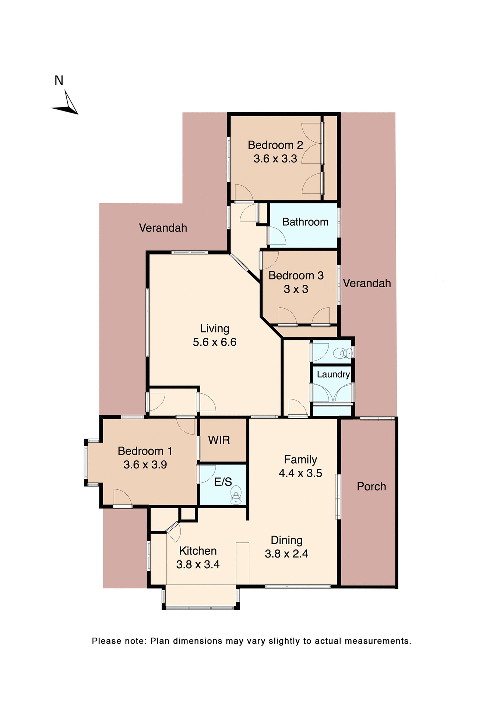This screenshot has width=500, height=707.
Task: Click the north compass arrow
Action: (x=66, y=104)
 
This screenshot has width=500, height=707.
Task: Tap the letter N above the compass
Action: (x=59, y=81)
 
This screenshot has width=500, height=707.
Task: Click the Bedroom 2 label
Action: (x=275, y=145)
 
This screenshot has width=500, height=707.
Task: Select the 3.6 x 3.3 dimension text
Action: (x=275, y=159)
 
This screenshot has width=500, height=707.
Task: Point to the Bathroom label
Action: (x=305, y=222)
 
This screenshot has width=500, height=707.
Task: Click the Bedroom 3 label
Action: (x=296, y=275)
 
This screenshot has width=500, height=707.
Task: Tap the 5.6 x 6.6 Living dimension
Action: (x=215, y=342)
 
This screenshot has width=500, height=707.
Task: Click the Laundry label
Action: (x=333, y=374)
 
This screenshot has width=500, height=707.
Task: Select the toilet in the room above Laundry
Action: (x=342, y=353)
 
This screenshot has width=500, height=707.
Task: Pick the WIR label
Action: (x=219, y=440)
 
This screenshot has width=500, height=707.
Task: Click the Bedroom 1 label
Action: (x=145, y=451)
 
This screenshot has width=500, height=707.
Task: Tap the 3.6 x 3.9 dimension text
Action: (x=145, y=465)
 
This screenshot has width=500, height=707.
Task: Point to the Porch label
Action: (x=372, y=486)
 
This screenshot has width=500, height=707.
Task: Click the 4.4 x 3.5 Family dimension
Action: (x=300, y=473)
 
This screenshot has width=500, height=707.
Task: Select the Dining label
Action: (x=286, y=540)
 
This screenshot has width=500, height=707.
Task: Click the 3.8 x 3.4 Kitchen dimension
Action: (x=198, y=564)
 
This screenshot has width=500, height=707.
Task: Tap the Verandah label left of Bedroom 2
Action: (x=163, y=228)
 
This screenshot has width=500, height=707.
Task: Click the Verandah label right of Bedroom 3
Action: (x=367, y=283)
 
